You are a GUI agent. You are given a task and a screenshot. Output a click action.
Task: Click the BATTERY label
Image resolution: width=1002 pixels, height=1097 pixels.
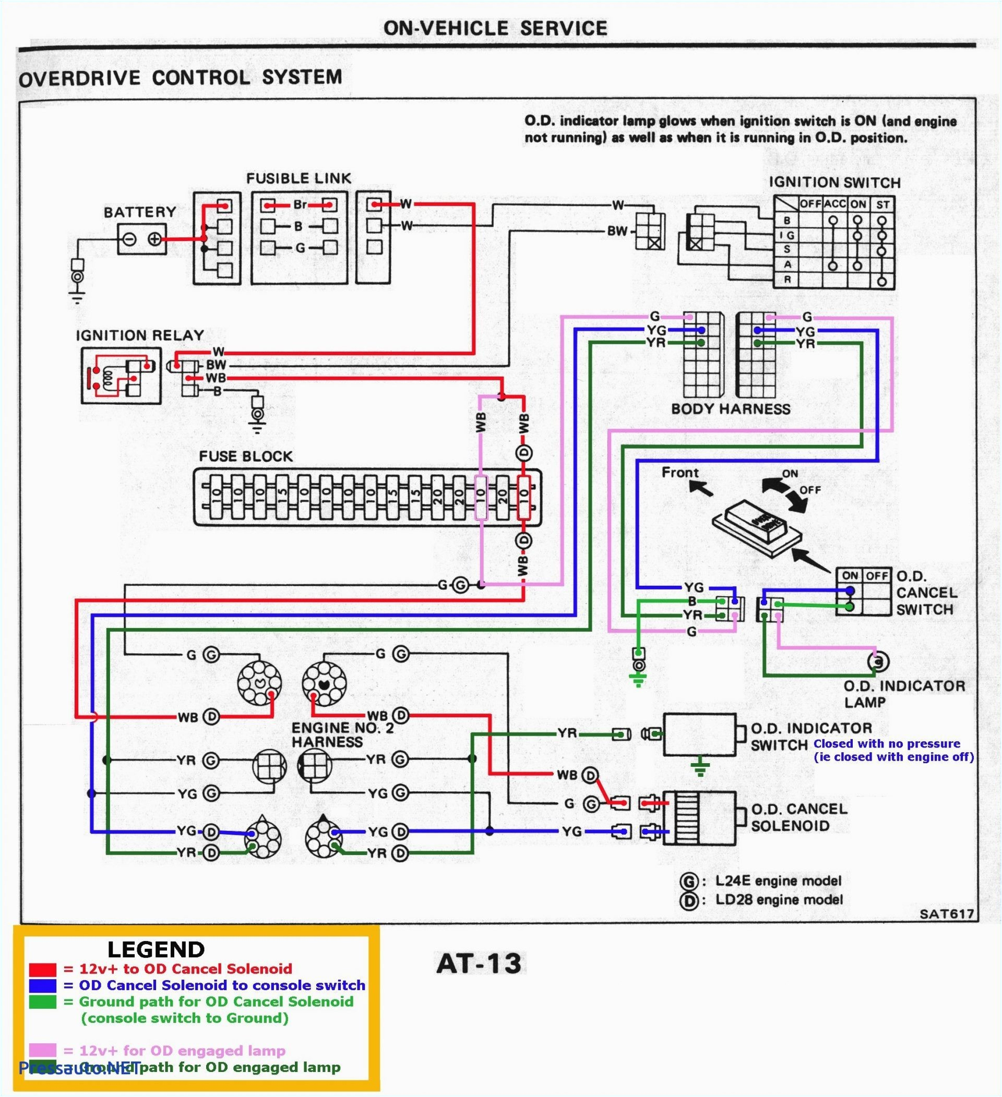pyautogui.click(x=140, y=212)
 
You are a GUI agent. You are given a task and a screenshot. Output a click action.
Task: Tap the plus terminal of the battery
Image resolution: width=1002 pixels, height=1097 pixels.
pyautogui.click(x=155, y=239)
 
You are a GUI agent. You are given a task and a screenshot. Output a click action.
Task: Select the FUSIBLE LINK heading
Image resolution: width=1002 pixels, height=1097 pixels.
pyautogui.click(x=299, y=178)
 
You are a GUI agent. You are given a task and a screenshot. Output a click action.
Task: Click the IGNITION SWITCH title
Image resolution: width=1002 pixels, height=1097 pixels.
pyautogui.click(x=834, y=183)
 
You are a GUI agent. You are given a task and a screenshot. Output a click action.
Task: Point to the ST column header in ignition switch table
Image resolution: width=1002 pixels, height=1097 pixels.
pyautogui.click(x=883, y=205)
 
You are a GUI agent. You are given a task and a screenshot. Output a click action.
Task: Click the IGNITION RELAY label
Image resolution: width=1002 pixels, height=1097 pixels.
pyautogui.click(x=140, y=335)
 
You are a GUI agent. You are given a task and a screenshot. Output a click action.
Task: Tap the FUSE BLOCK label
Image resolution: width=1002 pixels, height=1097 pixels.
pyautogui.click(x=245, y=456)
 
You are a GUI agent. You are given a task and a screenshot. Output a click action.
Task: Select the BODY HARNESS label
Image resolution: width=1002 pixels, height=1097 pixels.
pyautogui.click(x=731, y=408)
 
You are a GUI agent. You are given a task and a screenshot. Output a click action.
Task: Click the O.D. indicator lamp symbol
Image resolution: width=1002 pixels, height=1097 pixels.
pyautogui.click(x=877, y=661)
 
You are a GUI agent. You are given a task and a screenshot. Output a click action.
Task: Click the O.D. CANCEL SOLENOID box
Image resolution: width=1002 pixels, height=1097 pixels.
pyautogui.click(x=700, y=817)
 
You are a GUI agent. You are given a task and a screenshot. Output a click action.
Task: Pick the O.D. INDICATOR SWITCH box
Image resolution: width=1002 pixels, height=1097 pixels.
pyautogui.click(x=700, y=734)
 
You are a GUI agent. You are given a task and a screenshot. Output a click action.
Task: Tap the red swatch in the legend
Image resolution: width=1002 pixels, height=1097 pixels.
pyautogui.click(x=42, y=969)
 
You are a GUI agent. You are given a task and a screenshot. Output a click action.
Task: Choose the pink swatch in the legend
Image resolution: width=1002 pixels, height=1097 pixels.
pyautogui.click(x=42, y=1050)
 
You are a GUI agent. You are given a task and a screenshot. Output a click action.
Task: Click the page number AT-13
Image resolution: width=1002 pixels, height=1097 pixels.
pyautogui.click(x=479, y=963)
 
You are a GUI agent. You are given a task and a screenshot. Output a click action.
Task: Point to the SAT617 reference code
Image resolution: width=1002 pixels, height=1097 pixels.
pyautogui.click(x=946, y=913)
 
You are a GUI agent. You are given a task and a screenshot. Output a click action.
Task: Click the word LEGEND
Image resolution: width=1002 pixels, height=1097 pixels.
pyautogui.click(x=156, y=949)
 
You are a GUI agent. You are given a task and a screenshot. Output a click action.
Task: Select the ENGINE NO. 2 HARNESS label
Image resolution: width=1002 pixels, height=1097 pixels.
pyautogui.click(x=342, y=734)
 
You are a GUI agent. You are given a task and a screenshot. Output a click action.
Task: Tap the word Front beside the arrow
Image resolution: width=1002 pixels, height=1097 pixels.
pyautogui.click(x=680, y=472)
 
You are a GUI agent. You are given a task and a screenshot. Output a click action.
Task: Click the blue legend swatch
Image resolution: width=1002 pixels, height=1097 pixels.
pyautogui.click(x=42, y=985)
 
